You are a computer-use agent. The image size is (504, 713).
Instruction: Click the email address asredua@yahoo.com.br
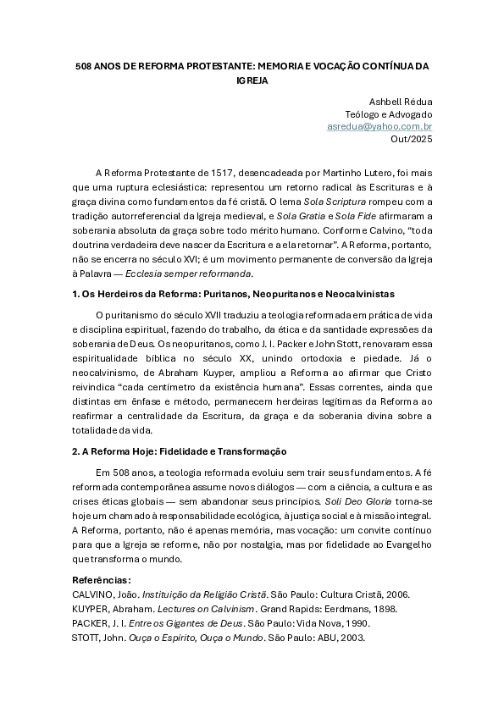379,126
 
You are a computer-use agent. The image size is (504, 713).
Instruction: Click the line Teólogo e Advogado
389,114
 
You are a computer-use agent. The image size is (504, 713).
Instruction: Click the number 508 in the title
84,65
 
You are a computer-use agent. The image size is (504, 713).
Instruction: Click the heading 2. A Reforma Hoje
179,452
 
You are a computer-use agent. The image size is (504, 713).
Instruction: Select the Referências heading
102,580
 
